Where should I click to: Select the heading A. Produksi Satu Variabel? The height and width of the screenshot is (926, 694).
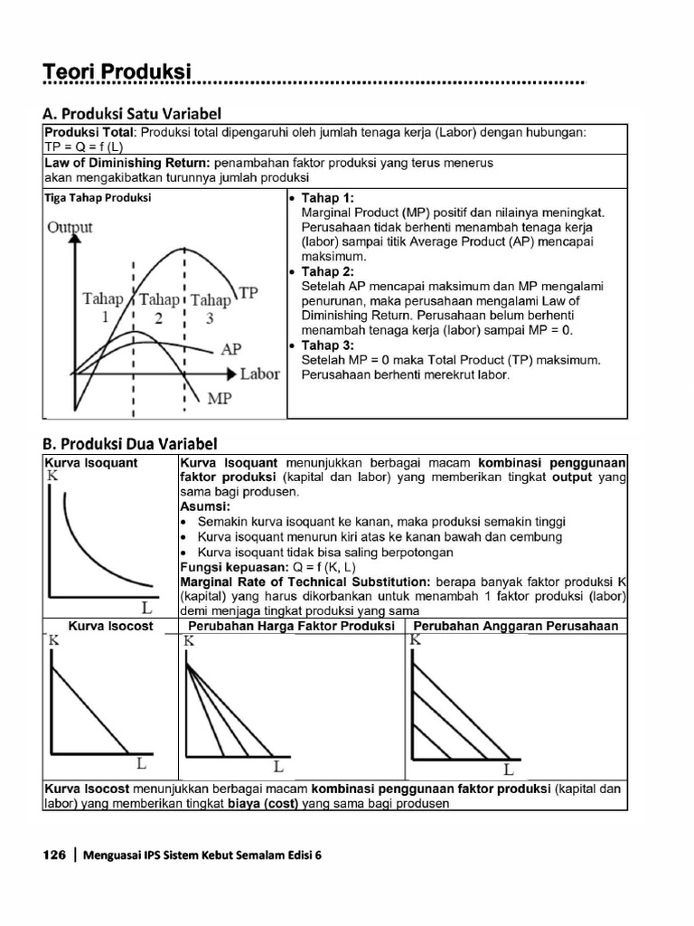click(x=132, y=113)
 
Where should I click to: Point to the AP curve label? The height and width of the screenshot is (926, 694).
click(x=231, y=348)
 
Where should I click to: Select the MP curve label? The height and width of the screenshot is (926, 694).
click(x=220, y=398)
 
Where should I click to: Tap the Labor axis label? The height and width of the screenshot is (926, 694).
click(x=259, y=373)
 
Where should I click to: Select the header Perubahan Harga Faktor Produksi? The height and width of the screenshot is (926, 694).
click(x=291, y=626)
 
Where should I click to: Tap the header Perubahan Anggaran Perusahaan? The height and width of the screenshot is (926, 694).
click(x=516, y=626)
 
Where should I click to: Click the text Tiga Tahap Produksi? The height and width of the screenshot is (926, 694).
click(x=98, y=197)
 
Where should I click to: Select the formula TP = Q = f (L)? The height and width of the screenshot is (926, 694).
click(x=83, y=146)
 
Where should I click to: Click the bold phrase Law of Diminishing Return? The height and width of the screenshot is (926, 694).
click(x=127, y=163)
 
